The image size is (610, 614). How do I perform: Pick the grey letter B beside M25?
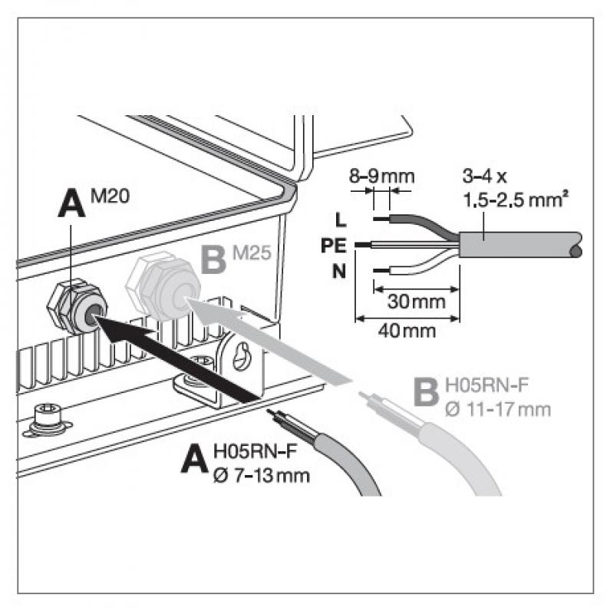(212, 262)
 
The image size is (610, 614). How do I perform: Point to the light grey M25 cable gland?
(163, 285)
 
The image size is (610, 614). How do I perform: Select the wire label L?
(341, 220)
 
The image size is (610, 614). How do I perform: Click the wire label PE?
(335, 246)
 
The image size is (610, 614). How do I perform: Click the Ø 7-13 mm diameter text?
(262, 475)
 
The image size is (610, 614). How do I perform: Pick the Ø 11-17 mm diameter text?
(497, 407)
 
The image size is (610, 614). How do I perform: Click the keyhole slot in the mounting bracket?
(243, 358)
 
